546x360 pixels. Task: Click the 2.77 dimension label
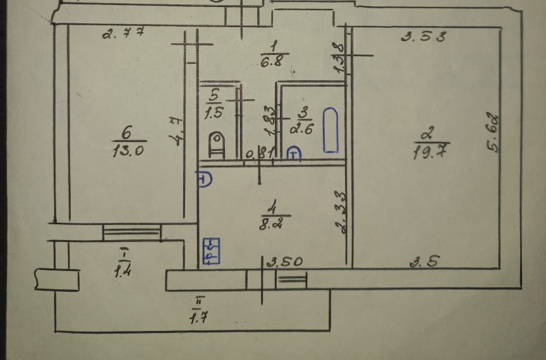tap(124, 33)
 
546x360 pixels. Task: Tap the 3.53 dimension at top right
tap(423, 37)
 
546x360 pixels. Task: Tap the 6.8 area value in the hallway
tap(274, 61)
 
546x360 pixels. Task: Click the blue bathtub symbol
tap(330, 130)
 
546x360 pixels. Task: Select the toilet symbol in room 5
tap(216, 143)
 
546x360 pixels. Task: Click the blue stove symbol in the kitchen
tap(210, 250)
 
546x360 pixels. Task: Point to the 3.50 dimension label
tap(284, 261)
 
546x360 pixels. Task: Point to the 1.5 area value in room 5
tap(213, 114)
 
